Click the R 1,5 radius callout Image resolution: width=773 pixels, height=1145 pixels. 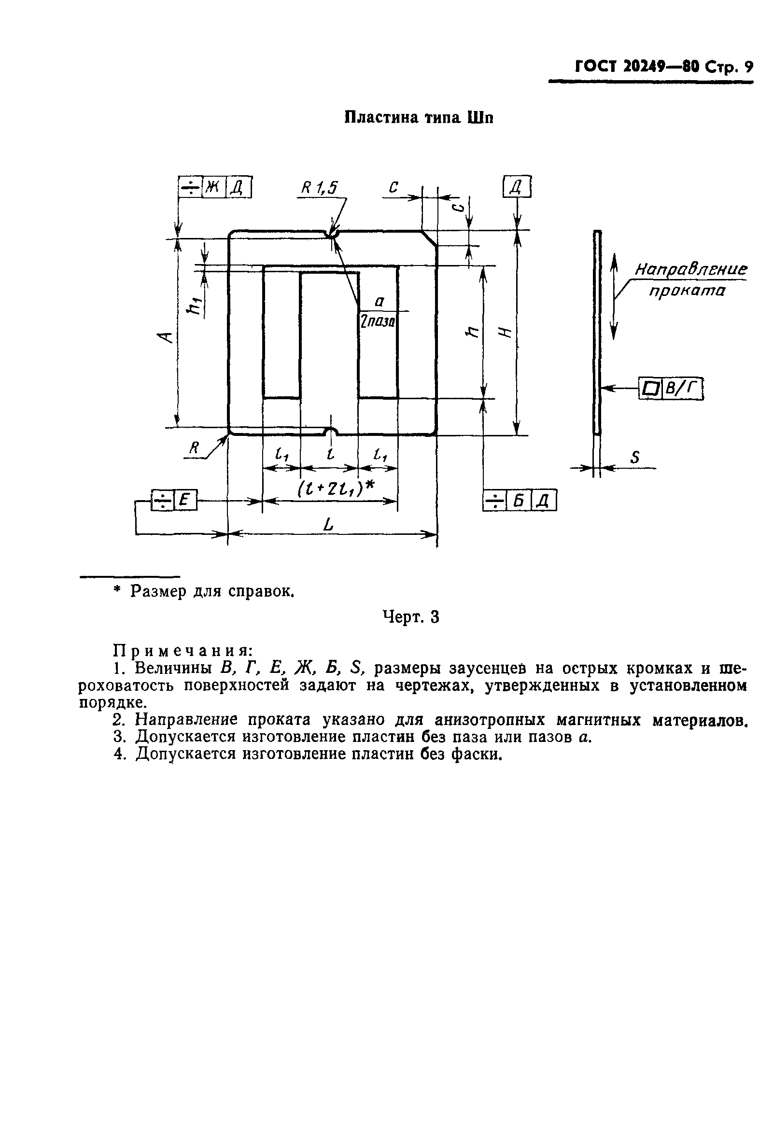(319, 188)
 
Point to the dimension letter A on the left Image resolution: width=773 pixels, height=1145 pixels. (167, 337)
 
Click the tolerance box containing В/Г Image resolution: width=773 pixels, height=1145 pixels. (682, 389)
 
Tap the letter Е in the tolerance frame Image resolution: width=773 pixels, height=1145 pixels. (184, 500)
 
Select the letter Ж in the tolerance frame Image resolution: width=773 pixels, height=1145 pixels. (213, 187)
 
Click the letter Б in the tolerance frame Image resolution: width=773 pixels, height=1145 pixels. (518, 501)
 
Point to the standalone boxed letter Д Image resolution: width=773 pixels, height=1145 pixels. (516, 187)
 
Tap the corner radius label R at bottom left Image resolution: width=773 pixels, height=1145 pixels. (194, 447)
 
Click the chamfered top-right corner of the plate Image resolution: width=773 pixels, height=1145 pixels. (429, 238)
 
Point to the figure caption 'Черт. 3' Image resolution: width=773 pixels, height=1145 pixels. (411, 617)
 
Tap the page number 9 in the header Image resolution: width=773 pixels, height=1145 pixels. (748, 67)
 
